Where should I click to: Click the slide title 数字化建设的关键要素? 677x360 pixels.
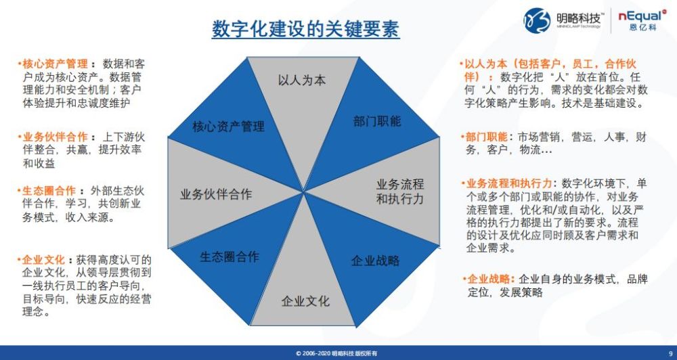point(305,29)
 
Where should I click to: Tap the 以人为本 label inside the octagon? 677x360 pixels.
point(301,81)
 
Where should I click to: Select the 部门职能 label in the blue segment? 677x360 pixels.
point(377,121)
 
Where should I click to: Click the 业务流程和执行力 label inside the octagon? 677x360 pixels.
point(400,192)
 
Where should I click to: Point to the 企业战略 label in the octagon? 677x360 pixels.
point(375,261)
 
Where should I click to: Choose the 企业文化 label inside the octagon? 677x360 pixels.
point(305,301)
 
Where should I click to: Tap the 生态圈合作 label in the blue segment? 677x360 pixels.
point(230,257)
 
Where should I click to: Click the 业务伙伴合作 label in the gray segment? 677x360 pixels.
point(216,194)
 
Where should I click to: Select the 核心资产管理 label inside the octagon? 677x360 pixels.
point(228,127)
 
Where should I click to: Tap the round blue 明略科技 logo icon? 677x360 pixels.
point(537,20)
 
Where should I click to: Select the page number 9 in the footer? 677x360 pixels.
point(670,353)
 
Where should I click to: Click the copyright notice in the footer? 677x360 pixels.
point(336,353)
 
